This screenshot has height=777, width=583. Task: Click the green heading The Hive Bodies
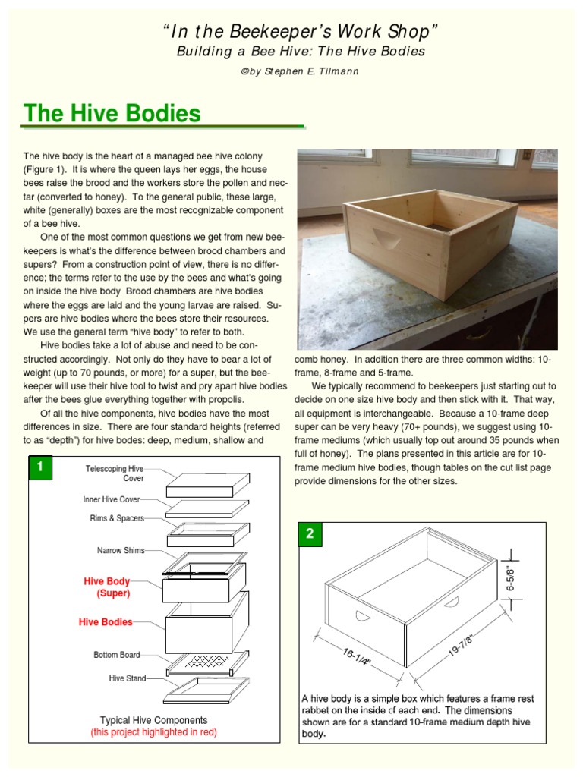(112, 114)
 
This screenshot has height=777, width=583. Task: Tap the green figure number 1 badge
(39, 468)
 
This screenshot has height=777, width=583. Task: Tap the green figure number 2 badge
(309, 533)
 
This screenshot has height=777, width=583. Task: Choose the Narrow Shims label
(121, 550)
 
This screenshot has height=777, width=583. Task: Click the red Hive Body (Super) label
(107, 587)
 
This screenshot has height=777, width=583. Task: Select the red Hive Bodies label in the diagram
(106, 621)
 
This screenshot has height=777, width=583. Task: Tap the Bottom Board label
(117, 654)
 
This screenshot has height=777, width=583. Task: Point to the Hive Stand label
(127, 678)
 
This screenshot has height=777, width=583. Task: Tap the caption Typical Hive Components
(153, 719)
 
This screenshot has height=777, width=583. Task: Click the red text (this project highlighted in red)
(153, 733)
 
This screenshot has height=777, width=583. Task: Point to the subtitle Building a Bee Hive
(301, 52)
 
